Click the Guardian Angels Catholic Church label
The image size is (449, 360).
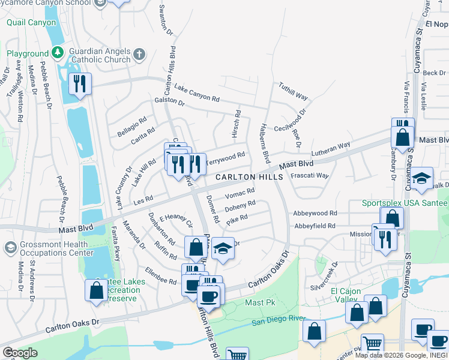click(x=100, y=55)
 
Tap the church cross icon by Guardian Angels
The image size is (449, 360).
click(x=139, y=55)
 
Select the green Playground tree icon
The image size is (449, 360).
click(x=58, y=53)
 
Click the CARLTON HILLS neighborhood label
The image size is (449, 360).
click(x=249, y=178)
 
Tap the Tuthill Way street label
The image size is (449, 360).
click(x=293, y=91)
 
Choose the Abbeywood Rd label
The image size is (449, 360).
click(x=315, y=213)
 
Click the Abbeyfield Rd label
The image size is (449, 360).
click(x=315, y=226)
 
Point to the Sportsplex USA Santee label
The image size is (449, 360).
click(x=405, y=203)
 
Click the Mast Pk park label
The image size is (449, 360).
click(x=259, y=303)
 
